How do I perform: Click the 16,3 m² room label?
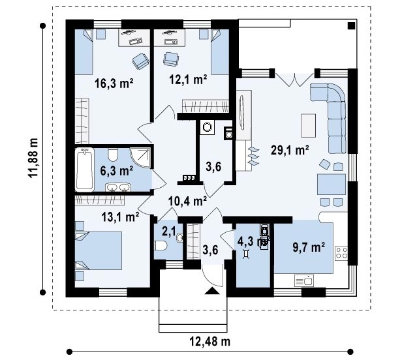(114, 83)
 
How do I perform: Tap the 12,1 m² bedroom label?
(189, 79)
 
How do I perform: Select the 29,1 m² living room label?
(290, 150)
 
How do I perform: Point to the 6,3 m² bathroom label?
(116, 171)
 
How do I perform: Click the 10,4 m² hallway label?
(188, 201)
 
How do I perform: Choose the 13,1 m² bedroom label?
(120, 217)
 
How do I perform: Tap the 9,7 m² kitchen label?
(309, 247)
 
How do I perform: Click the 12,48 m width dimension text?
(210, 341)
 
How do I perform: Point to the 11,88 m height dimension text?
(33, 158)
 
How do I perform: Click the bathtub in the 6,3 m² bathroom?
(85, 170)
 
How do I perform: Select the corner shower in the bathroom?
(140, 158)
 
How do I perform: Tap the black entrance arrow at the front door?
(212, 291)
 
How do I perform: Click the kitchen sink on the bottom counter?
(304, 280)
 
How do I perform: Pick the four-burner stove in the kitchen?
(341, 252)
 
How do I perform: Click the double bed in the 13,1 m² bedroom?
(99, 250)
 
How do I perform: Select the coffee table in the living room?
(308, 126)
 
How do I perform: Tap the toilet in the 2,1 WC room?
(161, 245)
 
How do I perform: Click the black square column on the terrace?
(351, 26)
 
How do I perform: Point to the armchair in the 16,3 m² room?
(141, 61)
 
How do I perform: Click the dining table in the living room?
(332, 185)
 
